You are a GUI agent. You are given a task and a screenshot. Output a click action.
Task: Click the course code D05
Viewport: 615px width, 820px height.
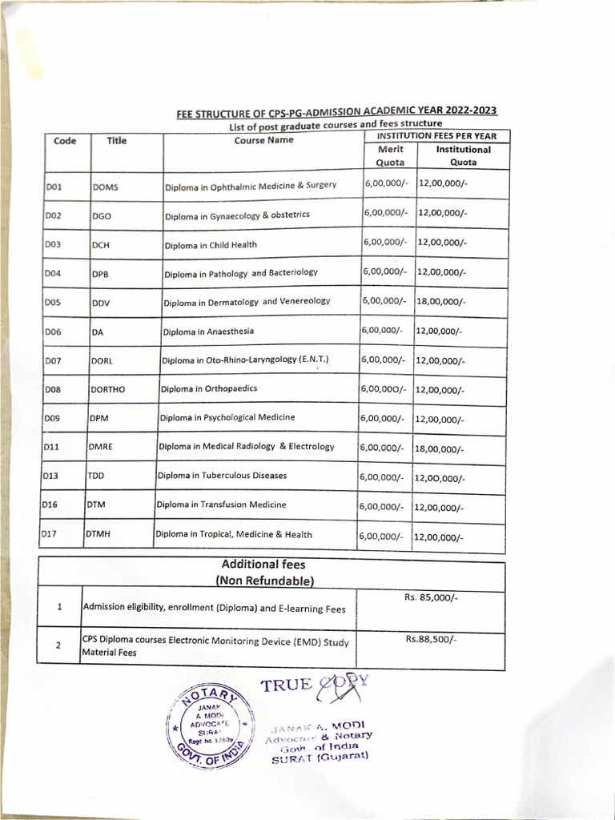[x=53, y=303]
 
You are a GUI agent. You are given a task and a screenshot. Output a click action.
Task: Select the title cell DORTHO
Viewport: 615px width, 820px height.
[x=108, y=389]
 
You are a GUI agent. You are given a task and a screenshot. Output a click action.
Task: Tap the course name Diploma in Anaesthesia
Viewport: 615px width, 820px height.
[x=208, y=331]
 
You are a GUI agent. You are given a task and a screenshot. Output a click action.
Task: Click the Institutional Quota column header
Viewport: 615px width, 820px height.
[x=463, y=155]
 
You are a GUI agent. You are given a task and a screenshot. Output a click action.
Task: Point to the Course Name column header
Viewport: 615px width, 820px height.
[x=263, y=140]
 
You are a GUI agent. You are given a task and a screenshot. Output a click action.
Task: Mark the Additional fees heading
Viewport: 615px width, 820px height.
[x=263, y=565]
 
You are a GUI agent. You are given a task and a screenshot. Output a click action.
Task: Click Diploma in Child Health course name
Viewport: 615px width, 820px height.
[x=211, y=245]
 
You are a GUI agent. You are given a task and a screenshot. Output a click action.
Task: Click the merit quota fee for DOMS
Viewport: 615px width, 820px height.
[x=386, y=183]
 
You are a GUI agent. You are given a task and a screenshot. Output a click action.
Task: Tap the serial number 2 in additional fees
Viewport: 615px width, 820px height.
[x=59, y=646]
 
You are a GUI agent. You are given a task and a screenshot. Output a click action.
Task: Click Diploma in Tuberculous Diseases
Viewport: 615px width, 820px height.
[x=222, y=476]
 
